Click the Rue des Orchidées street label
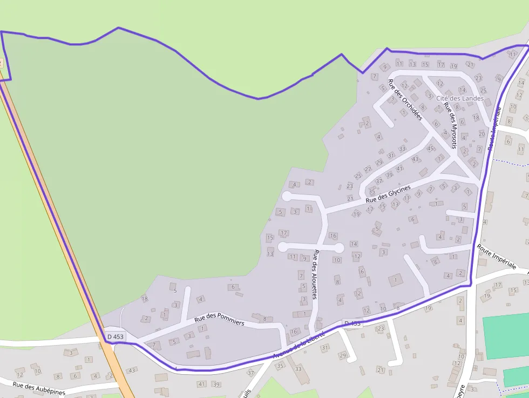click(405, 100)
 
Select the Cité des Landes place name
click(460, 98)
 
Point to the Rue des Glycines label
click(388, 194)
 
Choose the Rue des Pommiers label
click(220, 319)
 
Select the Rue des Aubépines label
click(39, 388)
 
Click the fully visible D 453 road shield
click(115, 336)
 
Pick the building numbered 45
click(430, 148)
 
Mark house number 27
click(368, 169)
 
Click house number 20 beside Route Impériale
click(481, 133)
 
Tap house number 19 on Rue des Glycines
click(356, 214)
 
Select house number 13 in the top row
click(413, 64)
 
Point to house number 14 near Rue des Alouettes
click(354, 244)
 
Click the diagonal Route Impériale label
click(497, 257)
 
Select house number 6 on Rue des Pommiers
click(233, 287)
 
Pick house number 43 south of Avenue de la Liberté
click(131, 370)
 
